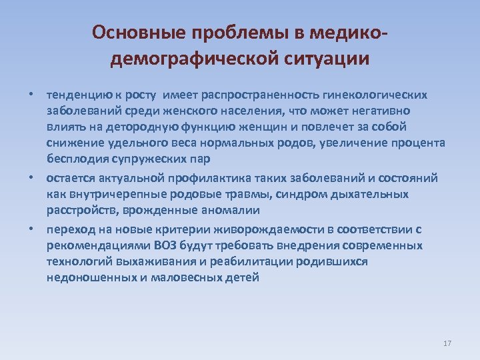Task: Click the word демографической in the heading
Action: (x=190, y=59)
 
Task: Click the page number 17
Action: (x=447, y=343)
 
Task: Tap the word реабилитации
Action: (x=245, y=262)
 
